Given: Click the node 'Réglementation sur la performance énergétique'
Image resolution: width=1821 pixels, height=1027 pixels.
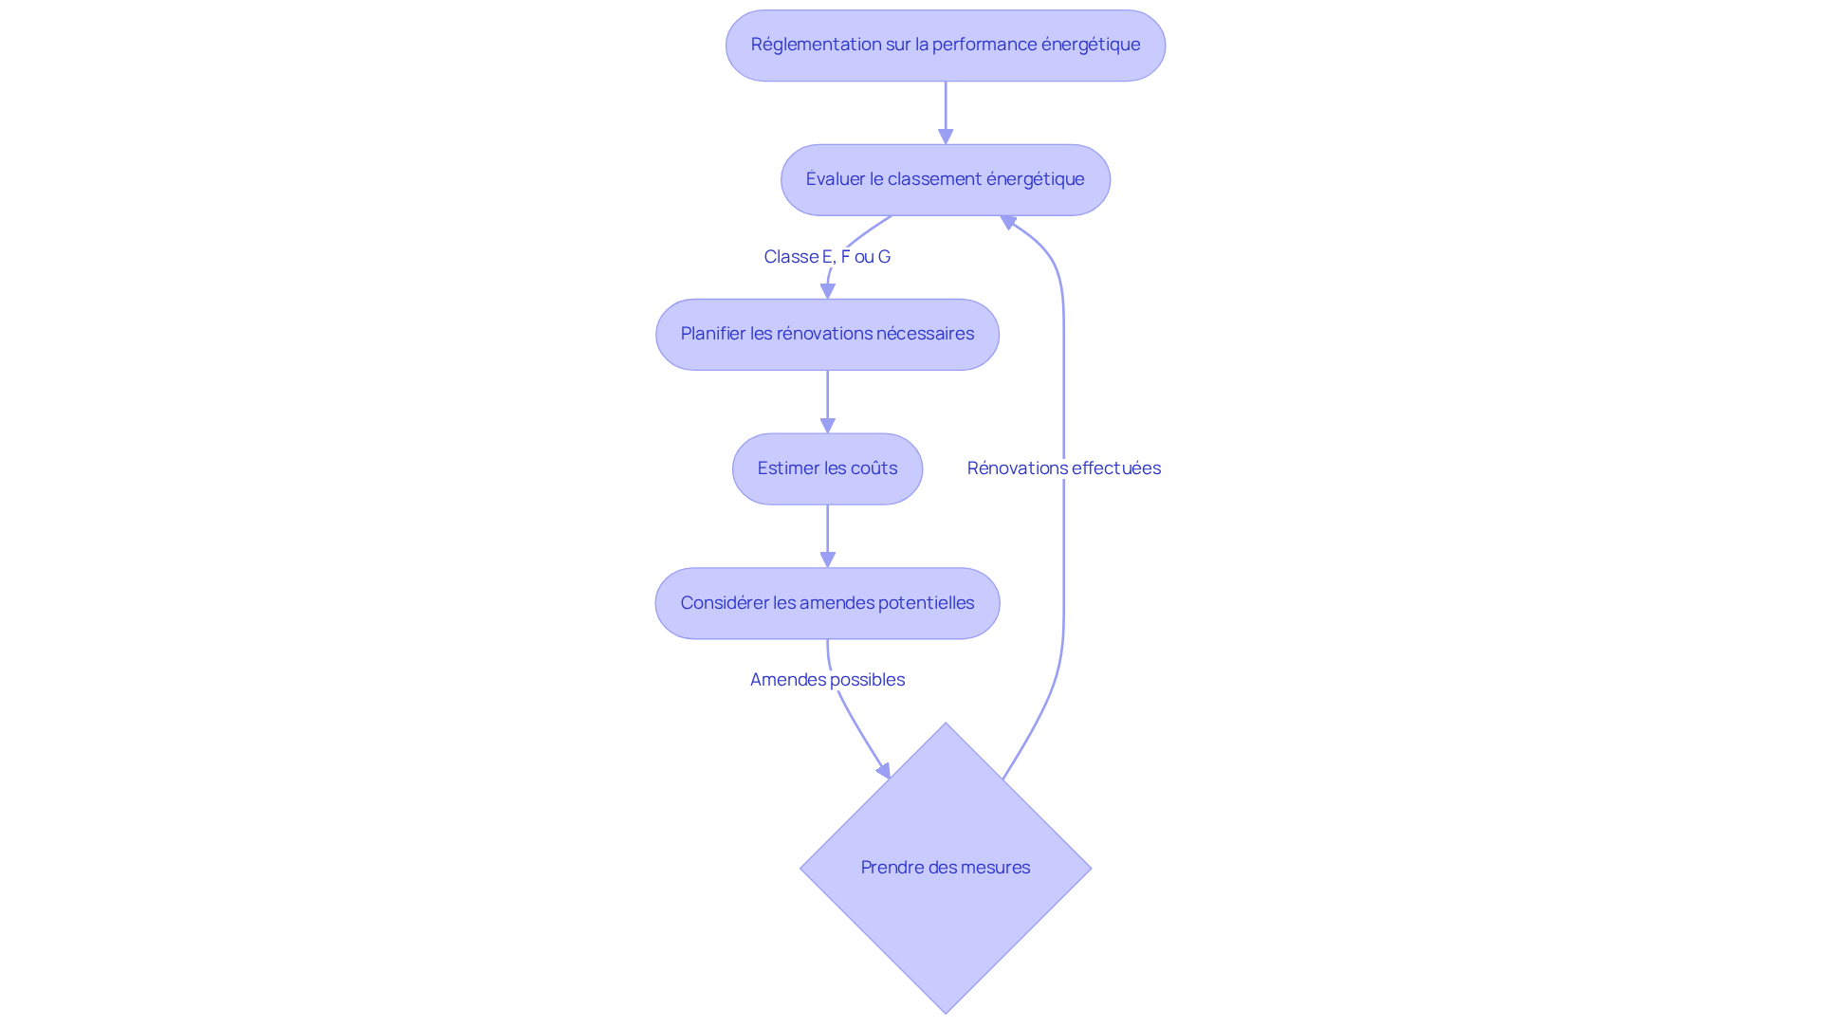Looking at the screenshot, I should pyautogui.click(x=945, y=46).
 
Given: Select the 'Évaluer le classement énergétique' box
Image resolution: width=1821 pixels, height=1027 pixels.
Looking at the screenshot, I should pyautogui.click(x=945, y=180).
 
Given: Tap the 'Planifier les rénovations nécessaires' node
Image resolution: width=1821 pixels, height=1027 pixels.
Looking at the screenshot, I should pyautogui.click(x=827, y=335).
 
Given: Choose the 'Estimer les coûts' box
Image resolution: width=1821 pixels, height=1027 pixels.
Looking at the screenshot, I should pyautogui.click(x=827, y=469).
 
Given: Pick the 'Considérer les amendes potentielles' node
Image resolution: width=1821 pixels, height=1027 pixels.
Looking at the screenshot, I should pyautogui.click(x=827, y=604).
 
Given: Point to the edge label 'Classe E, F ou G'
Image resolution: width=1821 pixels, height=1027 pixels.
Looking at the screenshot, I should pyautogui.click(x=827, y=257).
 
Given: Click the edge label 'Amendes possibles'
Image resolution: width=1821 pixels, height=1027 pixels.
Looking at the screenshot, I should pyautogui.click(x=827, y=680).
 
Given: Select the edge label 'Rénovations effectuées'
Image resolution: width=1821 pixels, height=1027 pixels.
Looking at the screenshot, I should pyautogui.click(x=1063, y=468).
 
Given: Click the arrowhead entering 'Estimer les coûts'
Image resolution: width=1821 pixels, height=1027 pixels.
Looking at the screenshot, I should pyautogui.click(x=827, y=426).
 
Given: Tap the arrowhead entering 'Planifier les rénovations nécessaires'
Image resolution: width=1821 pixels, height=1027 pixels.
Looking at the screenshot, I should pyautogui.click(x=827, y=291).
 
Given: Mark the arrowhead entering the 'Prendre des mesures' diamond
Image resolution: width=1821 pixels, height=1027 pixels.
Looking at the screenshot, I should pyautogui.click(x=883, y=771).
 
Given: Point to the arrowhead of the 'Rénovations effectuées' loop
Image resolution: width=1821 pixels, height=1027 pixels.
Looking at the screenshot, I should pyautogui.click(x=1008, y=222).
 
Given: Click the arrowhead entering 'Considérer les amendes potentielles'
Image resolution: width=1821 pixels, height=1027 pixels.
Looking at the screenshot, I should pyautogui.click(x=827, y=560).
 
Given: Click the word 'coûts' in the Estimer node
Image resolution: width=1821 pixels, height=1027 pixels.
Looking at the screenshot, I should pyautogui.click(x=874, y=468).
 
